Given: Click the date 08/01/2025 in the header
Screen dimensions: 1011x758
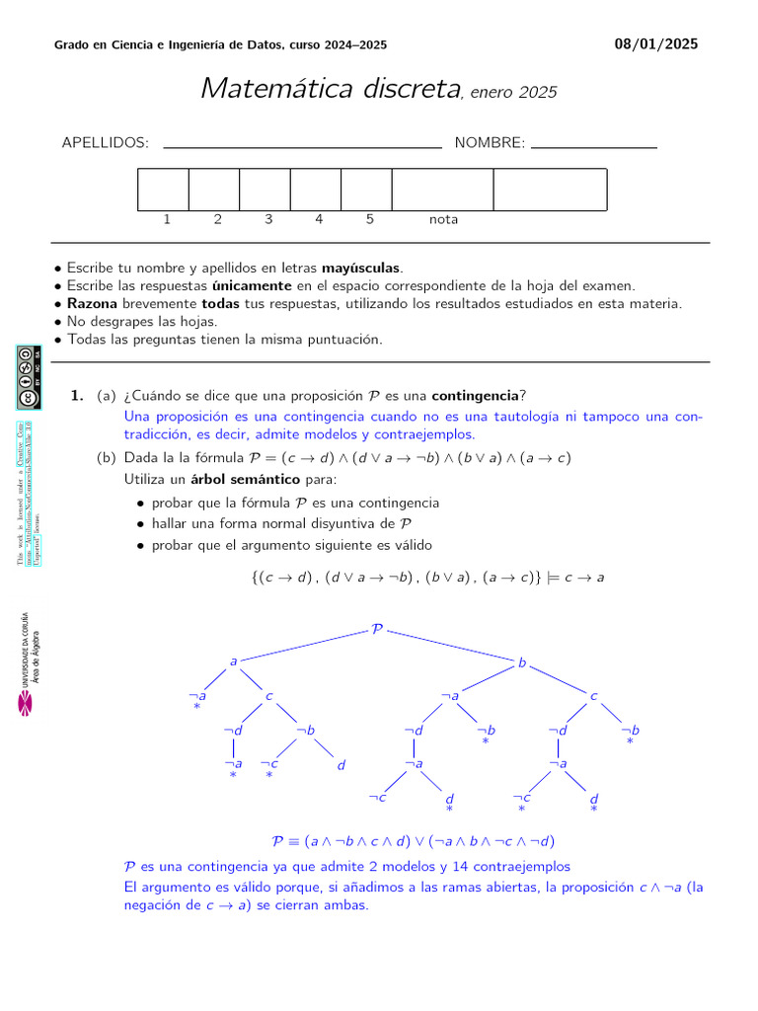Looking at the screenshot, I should pos(655,43).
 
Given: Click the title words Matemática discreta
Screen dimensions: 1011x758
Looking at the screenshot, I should pos(331,88).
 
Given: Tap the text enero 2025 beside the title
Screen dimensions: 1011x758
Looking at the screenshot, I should pos(513,93).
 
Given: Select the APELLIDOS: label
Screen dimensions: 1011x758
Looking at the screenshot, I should pos(106,143).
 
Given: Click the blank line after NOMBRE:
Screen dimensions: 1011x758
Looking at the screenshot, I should pos(594,145).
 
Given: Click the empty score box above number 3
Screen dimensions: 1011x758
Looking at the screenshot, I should pos(265,190).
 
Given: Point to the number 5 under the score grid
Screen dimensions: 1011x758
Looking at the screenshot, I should pos(370,219).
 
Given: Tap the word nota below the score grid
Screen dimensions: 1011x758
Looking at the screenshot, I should pos(443,219).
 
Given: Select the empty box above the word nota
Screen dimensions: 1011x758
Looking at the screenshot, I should pos(442,190).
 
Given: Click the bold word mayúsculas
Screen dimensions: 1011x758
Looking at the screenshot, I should pos(361,268).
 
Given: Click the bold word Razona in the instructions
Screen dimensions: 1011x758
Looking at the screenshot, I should pos(92,303).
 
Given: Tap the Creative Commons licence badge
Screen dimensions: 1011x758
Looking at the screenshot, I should pos(28,376).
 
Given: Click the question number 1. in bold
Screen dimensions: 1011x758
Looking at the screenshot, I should pos(77,396).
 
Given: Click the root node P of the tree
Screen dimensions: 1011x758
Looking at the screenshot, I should pos(376,628).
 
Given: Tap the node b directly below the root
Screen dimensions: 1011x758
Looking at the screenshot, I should pos(522,663).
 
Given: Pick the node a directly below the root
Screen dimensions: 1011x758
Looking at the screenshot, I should pos(233,661).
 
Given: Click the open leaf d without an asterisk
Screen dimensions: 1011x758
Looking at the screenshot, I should pos(341,765).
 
